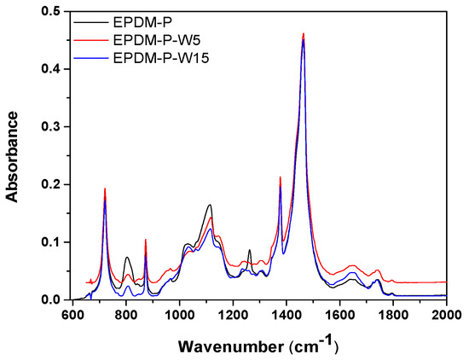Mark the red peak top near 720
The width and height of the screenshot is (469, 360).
coord(104,189)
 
